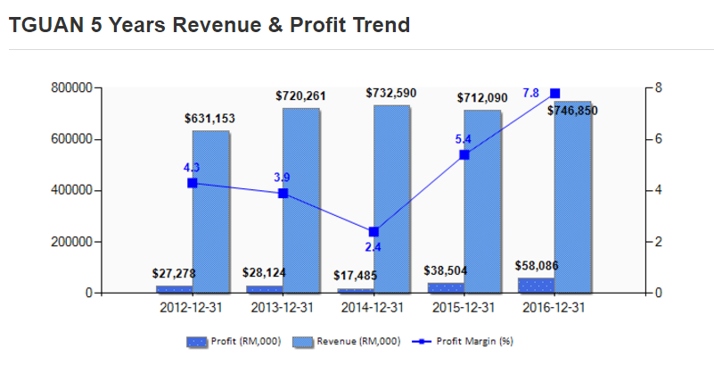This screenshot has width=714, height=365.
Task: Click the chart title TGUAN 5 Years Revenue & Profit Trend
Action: click(x=209, y=25)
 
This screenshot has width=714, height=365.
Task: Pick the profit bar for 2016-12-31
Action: click(x=535, y=285)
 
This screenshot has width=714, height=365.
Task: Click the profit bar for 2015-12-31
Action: click(x=446, y=287)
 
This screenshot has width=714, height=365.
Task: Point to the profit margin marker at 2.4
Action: click(x=373, y=231)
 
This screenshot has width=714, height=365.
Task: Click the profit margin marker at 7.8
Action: click(x=554, y=93)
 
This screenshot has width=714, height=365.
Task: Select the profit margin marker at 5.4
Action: click(x=464, y=154)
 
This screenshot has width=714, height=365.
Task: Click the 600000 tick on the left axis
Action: click(x=70, y=139)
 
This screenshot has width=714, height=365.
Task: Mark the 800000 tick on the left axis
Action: click(x=70, y=87)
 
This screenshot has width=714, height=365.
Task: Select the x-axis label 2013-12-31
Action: click(x=283, y=308)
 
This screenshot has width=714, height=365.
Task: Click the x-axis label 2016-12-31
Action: click(x=554, y=308)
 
